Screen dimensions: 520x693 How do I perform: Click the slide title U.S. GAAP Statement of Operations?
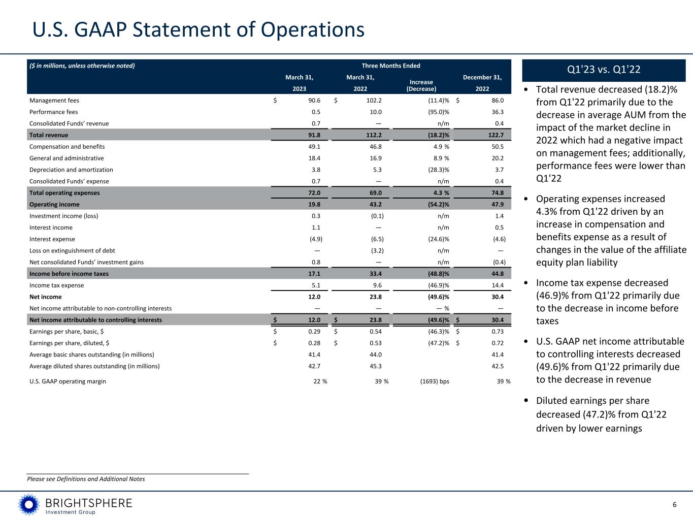click(x=199, y=29)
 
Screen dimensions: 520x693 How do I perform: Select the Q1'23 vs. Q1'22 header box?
click(x=604, y=70)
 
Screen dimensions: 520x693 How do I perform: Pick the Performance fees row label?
click(x=54, y=112)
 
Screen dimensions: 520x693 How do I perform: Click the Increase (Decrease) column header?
click(x=421, y=85)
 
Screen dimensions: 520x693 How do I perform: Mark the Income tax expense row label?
click(x=57, y=285)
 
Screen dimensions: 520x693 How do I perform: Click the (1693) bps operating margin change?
click(x=432, y=381)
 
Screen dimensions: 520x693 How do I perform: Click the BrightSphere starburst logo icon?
click(x=29, y=505)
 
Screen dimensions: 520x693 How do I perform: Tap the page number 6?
click(x=675, y=505)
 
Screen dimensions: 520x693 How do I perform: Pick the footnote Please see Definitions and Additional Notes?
click(x=86, y=479)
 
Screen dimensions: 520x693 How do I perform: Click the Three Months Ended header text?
click(x=391, y=66)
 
